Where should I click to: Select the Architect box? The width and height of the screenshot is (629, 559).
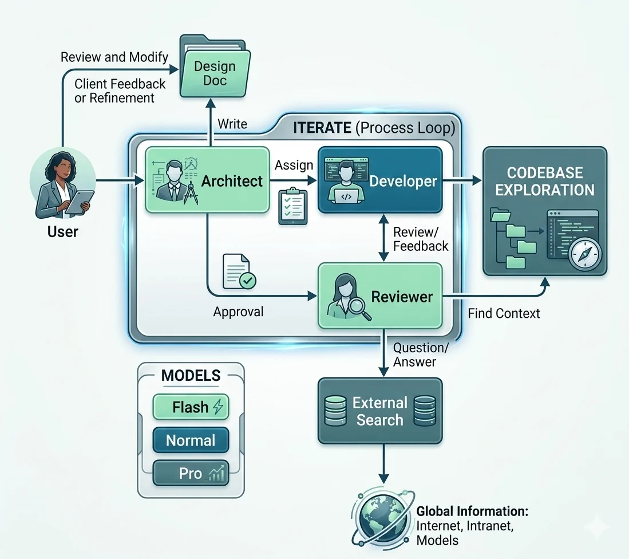point(207,180)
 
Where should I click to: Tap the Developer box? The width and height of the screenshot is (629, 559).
point(380,180)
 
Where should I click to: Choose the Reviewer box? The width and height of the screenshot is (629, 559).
point(380,296)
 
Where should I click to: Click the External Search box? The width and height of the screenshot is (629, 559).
point(380,411)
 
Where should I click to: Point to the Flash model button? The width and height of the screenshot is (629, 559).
point(191,407)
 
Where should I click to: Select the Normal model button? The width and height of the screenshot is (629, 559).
point(191,440)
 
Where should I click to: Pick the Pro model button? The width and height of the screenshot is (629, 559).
point(191,473)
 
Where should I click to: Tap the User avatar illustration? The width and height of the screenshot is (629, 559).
point(63,183)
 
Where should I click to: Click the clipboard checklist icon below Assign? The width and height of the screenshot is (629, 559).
point(293,206)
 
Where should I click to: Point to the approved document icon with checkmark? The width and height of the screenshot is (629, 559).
point(239,271)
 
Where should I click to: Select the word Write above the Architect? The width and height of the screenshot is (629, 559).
point(232,124)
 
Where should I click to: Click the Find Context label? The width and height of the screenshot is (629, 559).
point(504,313)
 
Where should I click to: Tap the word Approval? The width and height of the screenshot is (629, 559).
point(238,312)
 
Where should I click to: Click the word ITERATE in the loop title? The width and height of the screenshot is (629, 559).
point(322,128)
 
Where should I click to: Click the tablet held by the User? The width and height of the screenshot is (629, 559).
point(80,203)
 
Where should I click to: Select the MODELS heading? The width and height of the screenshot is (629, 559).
point(191,376)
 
